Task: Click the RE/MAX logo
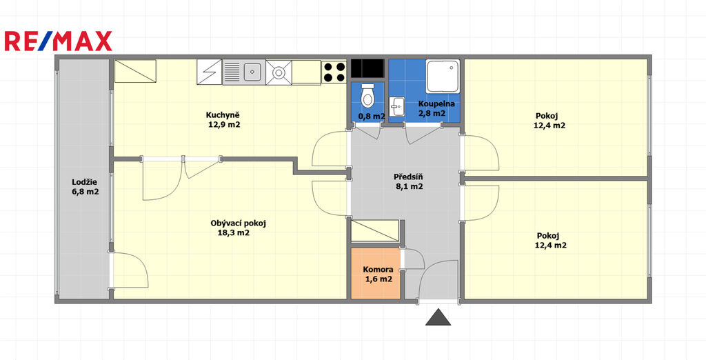point(58,41)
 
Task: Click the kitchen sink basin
point(252,72)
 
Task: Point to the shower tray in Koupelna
point(443,76)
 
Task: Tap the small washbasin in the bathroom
point(396,106)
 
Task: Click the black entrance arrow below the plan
point(438,317)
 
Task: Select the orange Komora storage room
point(376,273)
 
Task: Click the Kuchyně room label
point(224,114)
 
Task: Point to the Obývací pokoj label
point(239,223)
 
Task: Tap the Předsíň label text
point(408,177)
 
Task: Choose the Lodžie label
point(85,182)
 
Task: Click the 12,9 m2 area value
point(224,125)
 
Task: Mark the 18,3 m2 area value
point(234,233)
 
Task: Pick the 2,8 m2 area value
point(432,114)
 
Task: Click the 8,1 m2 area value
point(409,186)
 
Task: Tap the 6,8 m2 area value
point(85,192)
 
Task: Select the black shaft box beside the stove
point(367,68)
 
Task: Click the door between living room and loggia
point(129,270)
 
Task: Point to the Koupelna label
point(436,103)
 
